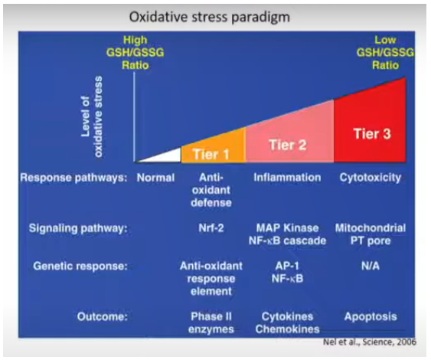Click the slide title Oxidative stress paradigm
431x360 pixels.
pos(210,17)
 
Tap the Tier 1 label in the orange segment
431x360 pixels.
pos(211,154)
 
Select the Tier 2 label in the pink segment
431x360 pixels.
pos(288,145)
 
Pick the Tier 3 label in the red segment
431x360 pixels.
pos(372,133)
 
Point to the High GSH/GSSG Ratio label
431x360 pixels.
pos(136,53)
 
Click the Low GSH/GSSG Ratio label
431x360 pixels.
pos(385,53)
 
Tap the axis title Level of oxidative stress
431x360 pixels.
pos(92,116)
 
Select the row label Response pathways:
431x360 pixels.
pos(74,178)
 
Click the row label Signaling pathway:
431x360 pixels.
pos(78,228)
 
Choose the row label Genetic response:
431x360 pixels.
pos(80,267)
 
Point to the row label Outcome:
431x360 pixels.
pos(103,316)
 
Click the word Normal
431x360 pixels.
pos(156,178)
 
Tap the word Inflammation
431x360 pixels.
pos(287,178)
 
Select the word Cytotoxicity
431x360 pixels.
pos(371,178)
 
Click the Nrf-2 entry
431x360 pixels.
pos(211,228)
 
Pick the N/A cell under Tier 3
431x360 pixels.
pos(371,266)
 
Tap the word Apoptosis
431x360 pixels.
pos(371,317)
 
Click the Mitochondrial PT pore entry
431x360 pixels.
pos(371,234)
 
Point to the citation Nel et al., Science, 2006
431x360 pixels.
pos(370,342)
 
